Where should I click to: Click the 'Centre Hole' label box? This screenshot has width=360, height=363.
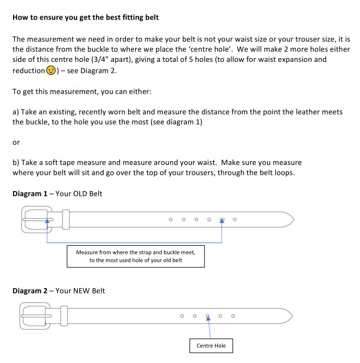click(211, 346)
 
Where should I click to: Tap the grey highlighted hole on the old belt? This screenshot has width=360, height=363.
click(222, 220)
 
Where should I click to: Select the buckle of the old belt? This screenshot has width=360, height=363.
click(36, 219)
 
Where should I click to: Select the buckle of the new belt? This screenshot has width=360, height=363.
click(35, 316)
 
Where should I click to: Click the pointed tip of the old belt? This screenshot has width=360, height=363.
click(292, 219)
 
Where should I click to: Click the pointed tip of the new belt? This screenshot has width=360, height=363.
click(291, 315)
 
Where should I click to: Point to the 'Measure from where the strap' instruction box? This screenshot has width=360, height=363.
click(136, 256)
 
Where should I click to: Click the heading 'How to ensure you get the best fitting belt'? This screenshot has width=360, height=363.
click(86, 17)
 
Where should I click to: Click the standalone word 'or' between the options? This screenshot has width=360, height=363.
click(16, 142)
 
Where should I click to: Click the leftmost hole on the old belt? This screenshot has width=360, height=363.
click(170, 220)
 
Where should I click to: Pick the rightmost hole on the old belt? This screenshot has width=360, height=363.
click(235, 220)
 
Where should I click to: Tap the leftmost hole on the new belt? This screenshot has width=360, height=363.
click(182, 316)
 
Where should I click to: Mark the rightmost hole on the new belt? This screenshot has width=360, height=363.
click(233, 316)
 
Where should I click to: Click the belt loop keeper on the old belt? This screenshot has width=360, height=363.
click(66, 219)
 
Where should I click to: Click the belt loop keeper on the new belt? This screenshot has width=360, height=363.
click(64, 316)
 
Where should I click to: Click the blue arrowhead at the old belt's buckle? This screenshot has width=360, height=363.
click(48, 221)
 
